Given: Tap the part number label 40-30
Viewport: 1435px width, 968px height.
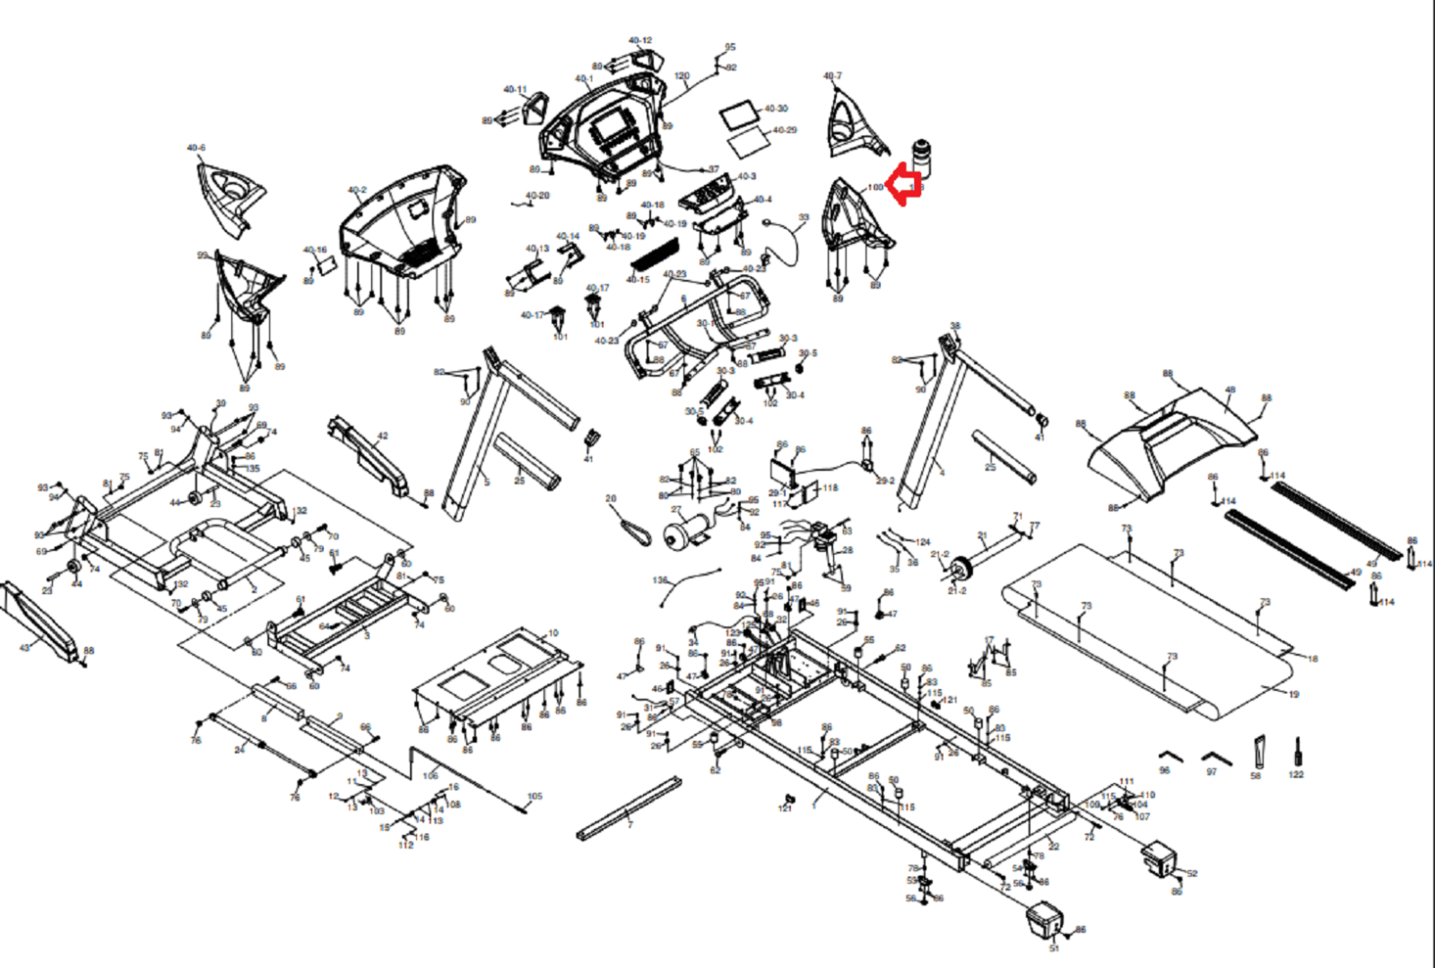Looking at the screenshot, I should pyautogui.click(x=776, y=109).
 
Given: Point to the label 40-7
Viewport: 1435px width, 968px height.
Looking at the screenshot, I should pyautogui.click(x=832, y=76).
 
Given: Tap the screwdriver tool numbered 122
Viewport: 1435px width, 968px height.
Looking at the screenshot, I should pyautogui.click(x=1297, y=752).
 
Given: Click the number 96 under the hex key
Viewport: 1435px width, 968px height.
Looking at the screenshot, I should pyautogui.click(x=1164, y=771).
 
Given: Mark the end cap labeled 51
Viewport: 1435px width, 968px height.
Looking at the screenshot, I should pyautogui.click(x=1044, y=918).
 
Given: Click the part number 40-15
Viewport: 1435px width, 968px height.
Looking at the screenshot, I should pyautogui.click(x=638, y=280).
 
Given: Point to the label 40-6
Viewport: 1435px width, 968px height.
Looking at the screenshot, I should pyautogui.click(x=196, y=148).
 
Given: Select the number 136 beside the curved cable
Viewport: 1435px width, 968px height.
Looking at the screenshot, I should pyautogui.click(x=660, y=580).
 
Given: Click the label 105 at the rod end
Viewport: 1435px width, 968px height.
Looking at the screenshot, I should pyautogui.click(x=535, y=796).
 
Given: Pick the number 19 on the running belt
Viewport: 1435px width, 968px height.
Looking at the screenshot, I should pyautogui.click(x=1293, y=694).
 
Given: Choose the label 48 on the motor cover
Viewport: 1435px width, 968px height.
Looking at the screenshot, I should pyautogui.click(x=1230, y=390).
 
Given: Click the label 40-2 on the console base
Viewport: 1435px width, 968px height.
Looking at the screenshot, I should pyautogui.click(x=357, y=190).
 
